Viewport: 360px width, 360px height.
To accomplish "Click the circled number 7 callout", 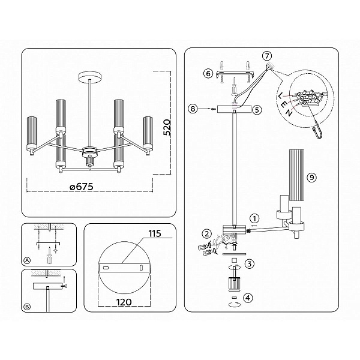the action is point(267,56).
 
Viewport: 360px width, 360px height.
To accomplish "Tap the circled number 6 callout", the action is point(208,74).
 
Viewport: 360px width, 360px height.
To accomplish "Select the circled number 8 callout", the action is point(193,109).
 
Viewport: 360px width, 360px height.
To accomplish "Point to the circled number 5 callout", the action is point(257,110).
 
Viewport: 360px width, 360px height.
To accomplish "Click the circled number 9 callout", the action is point(312,177).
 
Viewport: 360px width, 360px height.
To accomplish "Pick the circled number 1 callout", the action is point(254,218).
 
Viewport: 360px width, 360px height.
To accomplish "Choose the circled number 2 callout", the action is point(207,234).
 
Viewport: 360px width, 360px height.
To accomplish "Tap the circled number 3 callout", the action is point(250,263).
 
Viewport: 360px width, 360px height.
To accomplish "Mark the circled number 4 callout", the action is point(248,298).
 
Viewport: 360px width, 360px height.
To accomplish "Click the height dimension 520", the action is point(167,127).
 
